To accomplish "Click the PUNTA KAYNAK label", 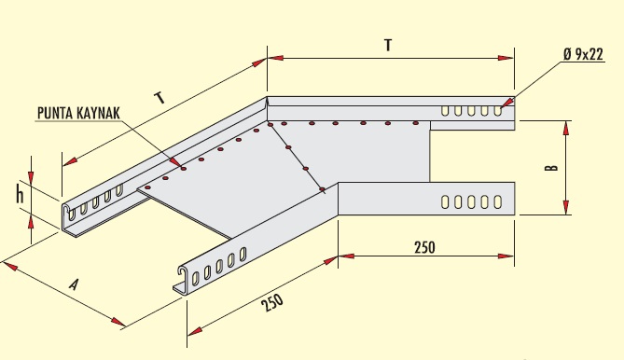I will point(79,114).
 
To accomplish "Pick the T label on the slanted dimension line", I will point(160,97).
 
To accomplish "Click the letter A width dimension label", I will point(72,286).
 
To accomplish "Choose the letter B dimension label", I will point(552,168).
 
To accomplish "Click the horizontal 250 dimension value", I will point(424,247).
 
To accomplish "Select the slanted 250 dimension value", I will point(272,300).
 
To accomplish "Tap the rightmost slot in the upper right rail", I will point(499,111).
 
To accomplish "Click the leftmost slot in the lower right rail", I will point(446,200).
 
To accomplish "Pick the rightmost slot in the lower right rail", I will point(499,200).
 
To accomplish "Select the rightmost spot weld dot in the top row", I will point(414,122).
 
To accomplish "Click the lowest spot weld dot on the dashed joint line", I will point(322,189).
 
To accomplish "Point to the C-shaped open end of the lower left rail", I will point(181,277).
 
